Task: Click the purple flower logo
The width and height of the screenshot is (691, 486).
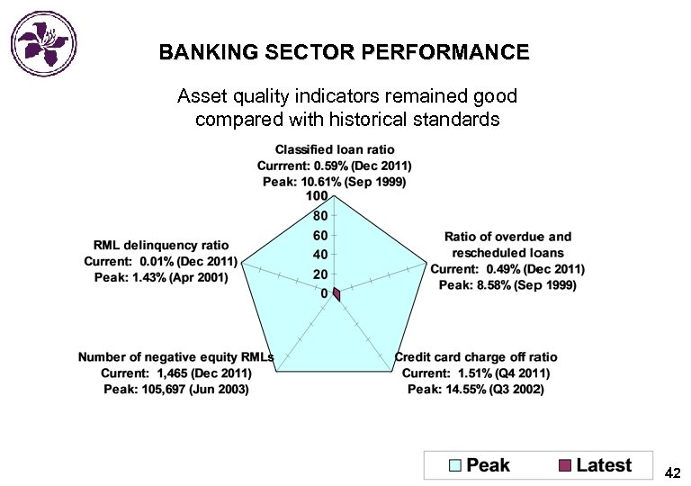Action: (x=43, y=41)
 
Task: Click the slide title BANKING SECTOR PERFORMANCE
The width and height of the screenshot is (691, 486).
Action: (x=345, y=53)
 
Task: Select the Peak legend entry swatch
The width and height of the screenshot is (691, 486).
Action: (x=455, y=465)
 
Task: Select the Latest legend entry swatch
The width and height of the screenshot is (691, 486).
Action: (x=565, y=465)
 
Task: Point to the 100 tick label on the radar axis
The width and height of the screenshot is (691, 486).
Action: (x=317, y=196)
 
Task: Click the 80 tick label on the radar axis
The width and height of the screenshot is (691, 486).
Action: (x=319, y=216)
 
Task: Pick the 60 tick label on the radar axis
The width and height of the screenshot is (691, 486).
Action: (x=319, y=235)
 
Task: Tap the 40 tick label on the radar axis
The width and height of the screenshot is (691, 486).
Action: (x=319, y=255)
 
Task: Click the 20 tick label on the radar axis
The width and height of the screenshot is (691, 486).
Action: (x=319, y=274)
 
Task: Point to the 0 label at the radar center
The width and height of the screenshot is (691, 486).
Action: (x=324, y=293)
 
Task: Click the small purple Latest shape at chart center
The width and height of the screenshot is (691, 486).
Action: (x=337, y=294)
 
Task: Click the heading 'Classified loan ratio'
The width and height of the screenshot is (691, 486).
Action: (x=335, y=149)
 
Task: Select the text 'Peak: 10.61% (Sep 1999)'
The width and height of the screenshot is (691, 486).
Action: (x=335, y=182)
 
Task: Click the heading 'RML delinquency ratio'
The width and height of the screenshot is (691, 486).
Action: (x=161, y=245)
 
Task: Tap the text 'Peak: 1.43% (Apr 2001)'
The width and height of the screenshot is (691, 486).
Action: (x=161, y=277)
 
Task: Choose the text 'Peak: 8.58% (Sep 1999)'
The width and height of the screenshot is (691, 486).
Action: (x=507, y=285)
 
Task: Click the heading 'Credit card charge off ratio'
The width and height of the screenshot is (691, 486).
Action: (x=476, y=357)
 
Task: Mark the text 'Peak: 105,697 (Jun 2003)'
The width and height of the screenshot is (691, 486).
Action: (x=176, y=390)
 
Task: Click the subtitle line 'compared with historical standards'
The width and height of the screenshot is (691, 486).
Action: (x=346, y=119)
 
